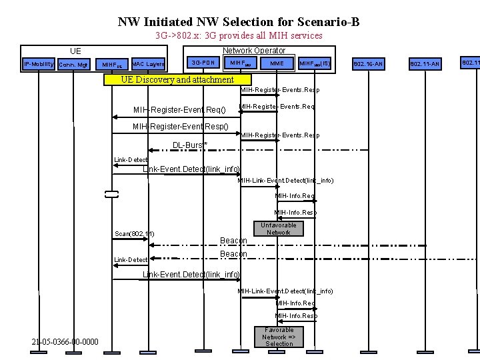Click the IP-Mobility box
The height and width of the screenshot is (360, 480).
(39, 64)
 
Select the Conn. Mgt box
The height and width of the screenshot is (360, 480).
(73, 65)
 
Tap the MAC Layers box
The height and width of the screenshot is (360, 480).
(148, 64)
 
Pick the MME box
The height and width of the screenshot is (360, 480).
(277, 63)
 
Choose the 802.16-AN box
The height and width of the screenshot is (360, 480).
(368, 64)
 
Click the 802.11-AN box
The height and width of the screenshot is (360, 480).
(425, 64)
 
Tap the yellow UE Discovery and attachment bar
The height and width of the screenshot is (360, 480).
(177, 80)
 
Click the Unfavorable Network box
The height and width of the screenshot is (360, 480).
(279, 229)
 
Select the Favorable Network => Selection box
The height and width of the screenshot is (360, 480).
(279, 337)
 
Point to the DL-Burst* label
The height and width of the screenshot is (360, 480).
(190, 145)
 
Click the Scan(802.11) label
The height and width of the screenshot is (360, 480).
(135, 234)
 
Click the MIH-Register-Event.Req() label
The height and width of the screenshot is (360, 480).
(179, 109)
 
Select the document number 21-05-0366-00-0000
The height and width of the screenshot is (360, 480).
(65, 342)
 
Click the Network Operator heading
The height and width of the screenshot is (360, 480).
(254, 50)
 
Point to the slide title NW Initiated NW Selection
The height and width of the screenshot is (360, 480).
(239, 21)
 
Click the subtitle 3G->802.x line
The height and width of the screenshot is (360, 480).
(239, 35)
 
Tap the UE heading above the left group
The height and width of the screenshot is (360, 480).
(76, 51)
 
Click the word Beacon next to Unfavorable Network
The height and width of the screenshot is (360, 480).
(233, 241)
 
